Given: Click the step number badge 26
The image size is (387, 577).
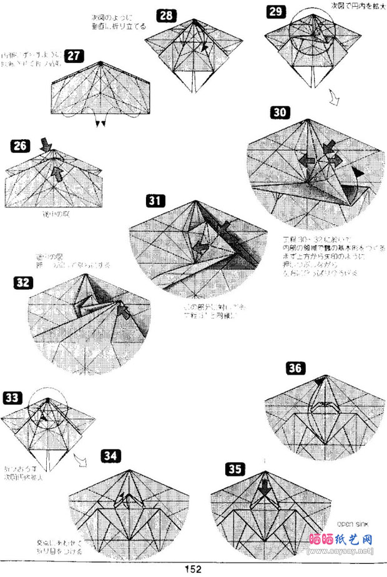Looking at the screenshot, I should [x=21, y=146].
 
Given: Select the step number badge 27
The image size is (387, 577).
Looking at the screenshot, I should [x=74, y=56].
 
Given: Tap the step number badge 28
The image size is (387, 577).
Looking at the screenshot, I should [x=165, y=16].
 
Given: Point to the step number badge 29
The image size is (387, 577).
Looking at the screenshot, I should [x=275, y=11].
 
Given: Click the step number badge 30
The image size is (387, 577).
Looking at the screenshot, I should [x=280, y=112].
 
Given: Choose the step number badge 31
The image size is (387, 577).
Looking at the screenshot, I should [x=155, y=201].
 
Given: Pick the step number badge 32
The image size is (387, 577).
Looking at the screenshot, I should [x=23, y=283].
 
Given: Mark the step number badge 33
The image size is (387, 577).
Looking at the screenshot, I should [x=12, y=398].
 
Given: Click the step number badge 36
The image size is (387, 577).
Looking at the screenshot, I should [x=295, y=368].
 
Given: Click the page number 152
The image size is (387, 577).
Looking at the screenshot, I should [x=193, y=569].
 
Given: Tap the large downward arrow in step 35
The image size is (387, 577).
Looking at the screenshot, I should [x=264, y=488].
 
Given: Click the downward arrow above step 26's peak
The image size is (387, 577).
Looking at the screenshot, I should [x=46, y=145].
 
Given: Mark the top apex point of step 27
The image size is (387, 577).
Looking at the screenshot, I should [x=100, y=62].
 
